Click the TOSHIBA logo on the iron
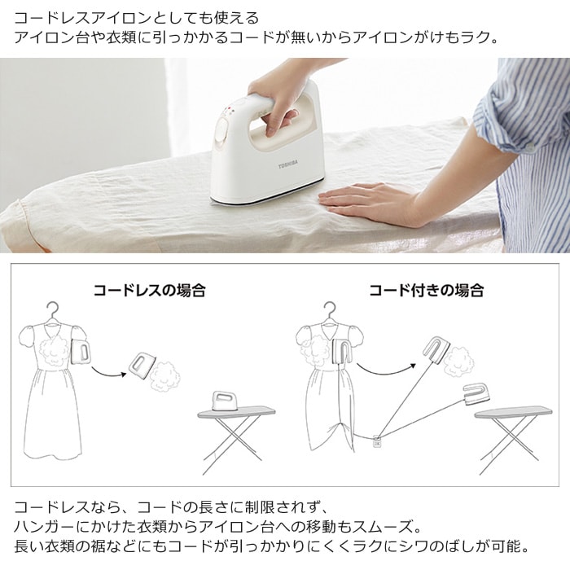pyautogui.click(x=288, y=166)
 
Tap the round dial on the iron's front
pyautogui.click(x=221, y=129)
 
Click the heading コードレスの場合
pyautogui.click(x=149, y=291)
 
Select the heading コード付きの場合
pyautogui.click(x=426, y=291)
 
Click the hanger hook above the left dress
pyautogui.click(x=53, y=311)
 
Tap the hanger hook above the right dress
pyautogui.click(x=330, y=311)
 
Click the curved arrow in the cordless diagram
pyautogui.click(x=108, y=374)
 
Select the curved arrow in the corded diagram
pyautogui.click(x=385, y=371)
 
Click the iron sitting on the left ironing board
pyautogui.click(x=224, y=401)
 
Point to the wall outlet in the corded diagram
pyautogui.click(x=376, y=442)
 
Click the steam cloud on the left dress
pyautogui.click(x=54, y=349)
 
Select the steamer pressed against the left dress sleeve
pyautogui.click(x=81, y=351)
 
